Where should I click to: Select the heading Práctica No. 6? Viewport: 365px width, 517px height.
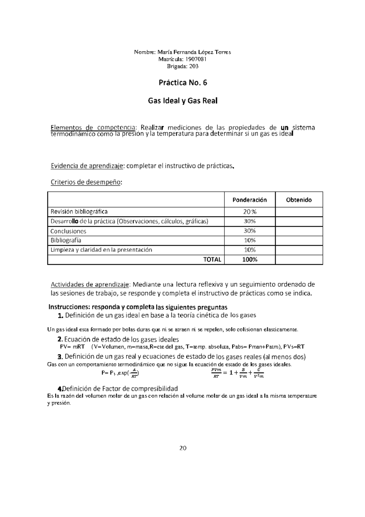pos(183,83)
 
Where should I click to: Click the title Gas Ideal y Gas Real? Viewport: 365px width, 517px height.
pos(182,101)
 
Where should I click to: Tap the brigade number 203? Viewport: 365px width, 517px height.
pos(193,66)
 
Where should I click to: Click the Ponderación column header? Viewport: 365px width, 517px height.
pos(249,200)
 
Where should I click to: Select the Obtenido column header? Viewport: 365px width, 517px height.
pos(299,200)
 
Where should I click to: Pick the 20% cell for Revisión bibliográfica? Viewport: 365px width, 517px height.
pos(249,212)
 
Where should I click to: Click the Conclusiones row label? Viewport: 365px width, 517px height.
pos(68,231)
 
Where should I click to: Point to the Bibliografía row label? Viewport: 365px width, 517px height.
pos(66,240)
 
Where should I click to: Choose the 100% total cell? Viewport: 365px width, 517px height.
pos(249,260)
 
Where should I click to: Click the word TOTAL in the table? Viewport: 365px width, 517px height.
pos(212,260)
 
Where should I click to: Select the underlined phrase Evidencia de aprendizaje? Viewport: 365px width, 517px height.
pos(87,166)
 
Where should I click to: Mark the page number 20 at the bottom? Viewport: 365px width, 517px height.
pos(183,448)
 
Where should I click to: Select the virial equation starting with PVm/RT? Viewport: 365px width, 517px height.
pos(237,373)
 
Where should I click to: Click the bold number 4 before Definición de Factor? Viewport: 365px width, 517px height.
pos(60,389)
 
